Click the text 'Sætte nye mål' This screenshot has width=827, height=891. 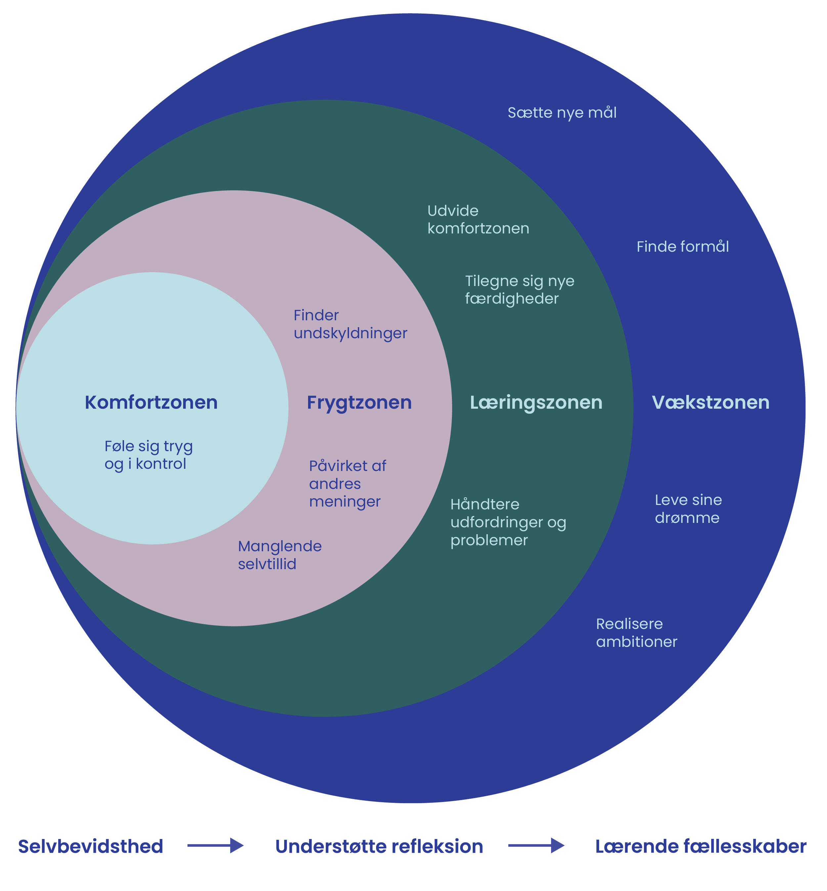coord(562,113)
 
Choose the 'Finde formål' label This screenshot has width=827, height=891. coord(682,247)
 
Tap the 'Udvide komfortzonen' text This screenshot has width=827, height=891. coord(478,220)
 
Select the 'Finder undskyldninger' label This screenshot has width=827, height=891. coord(350,324)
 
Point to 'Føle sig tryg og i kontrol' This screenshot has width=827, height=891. coord(148,455)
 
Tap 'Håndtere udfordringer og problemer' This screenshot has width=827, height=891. coord(508,522)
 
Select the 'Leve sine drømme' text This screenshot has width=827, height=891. coord(688,509)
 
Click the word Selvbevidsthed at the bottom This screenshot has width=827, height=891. coord(90,847)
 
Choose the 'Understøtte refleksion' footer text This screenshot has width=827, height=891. coord(379,847)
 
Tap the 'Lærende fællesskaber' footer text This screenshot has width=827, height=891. coord(700,847)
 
